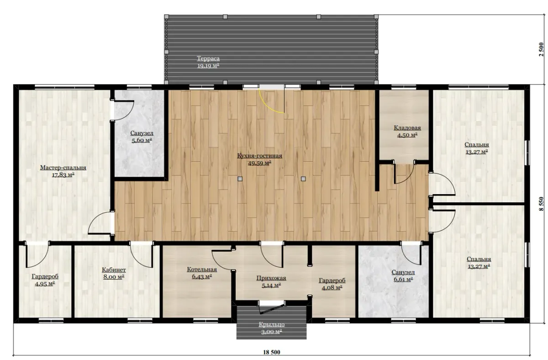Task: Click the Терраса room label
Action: pos(208,58)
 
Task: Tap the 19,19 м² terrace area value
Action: pos(208,66)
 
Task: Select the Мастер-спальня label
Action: pos(63,168)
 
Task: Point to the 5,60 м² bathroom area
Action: pos(142,140)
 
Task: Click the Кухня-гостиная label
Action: pos(259,156)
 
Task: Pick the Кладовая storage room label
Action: pos(407,128)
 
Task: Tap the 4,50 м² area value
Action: pos(407,135)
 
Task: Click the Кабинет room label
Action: pos(114,270)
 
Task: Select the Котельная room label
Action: pos(202,270)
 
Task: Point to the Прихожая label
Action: pos(271,278)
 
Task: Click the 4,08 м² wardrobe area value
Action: pos(332,288)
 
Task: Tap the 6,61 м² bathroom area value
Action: pos(403,279)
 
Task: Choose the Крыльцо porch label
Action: pos(272,324)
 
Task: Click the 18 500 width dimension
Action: pos(272,352)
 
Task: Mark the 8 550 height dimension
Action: pos(541,204)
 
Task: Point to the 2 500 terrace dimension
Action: pos(541,49)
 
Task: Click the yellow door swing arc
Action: pos(267,106)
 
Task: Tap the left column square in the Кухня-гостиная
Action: pos(240,179)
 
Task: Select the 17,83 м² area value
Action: pos(63,175)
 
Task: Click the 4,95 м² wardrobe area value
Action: pos(45,284)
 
